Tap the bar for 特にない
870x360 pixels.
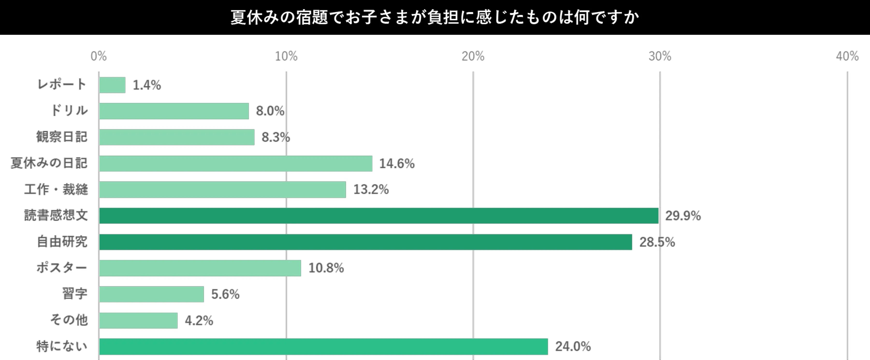click(x=323, y=346)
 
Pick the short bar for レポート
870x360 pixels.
click(x=112, y=85)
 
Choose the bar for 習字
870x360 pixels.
click(x=151, y=294)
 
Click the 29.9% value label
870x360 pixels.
click(x=683, y=216)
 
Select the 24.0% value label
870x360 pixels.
click(x=573, y=346)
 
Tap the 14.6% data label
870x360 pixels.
click(x=397, y=164)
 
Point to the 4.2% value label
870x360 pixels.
click(x=199, y=320)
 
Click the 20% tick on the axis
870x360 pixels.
click(x=473, y=56)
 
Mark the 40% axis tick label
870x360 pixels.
click(x=847, y=56)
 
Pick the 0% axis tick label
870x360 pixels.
click(x=99, y=56)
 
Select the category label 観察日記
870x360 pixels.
click(x=62, y=137)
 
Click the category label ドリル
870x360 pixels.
click(x=69, y=111)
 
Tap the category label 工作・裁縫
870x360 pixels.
click(x=56, y=189)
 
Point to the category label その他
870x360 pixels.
click(x=69, y=320)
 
